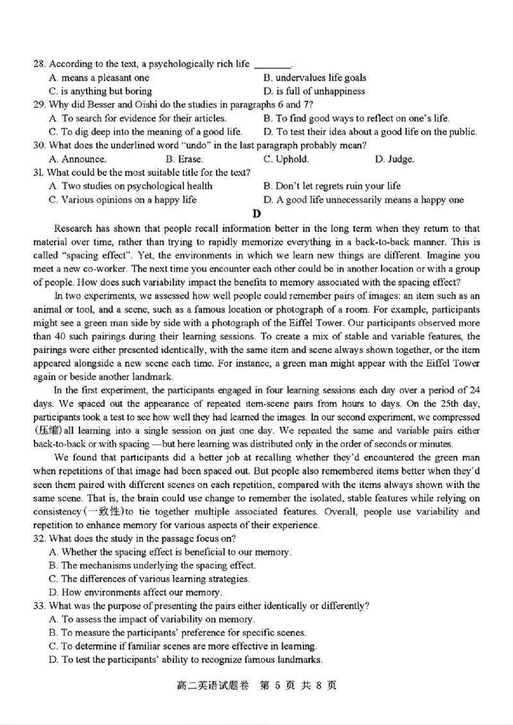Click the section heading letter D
[x=256, y=213]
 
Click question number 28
[x=39, y=64]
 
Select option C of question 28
[x=100, y=91]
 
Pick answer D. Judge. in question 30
[x=394, y=159]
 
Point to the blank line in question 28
[x=273, y=65]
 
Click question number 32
[x=39, y=538]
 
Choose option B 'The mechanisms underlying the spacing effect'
[x=152, y=565]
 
